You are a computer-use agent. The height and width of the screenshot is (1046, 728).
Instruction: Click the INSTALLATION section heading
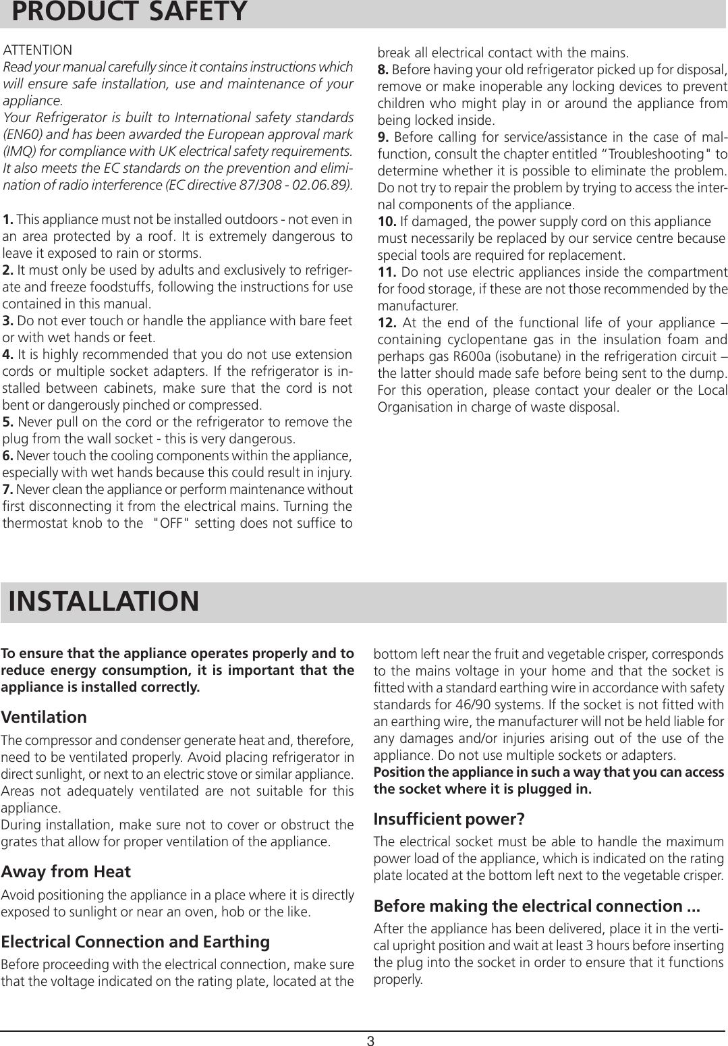pyautogui.click(x=104, y=601)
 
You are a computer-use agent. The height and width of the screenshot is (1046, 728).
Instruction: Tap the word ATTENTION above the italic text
pyautogui.click(x=38, y=51)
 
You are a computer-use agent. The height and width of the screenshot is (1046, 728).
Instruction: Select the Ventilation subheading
pyautogui.click(x=44, y=717)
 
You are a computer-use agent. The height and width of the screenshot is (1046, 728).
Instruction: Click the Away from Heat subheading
pyautogui.click(x=66, y=871)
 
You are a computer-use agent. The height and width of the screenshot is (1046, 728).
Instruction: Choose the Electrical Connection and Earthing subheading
pyautogui.click(x=136, y=941)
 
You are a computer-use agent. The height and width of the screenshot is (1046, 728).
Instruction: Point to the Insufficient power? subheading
pyautogui.click(x=449, y=819)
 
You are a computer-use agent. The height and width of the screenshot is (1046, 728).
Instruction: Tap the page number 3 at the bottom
pyautogui.click(x=370, y=1040)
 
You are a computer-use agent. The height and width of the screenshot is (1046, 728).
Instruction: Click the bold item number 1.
pyautogui.click(x=9, y=220)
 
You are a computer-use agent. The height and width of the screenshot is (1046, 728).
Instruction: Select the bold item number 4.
pyautogui.click(x=9, y=355)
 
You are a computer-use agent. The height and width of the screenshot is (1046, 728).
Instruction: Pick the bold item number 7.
pyautogui.click(x=9, y=489)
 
